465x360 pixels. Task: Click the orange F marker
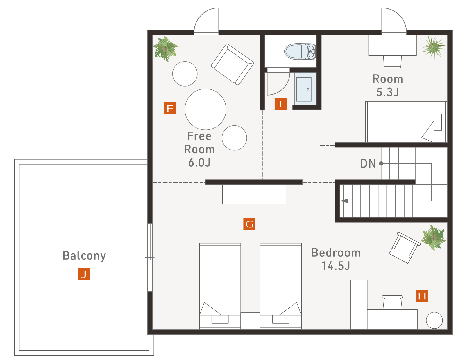click(170, 108)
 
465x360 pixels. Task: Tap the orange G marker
click(249, 224)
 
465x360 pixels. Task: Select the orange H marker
click(422, 296)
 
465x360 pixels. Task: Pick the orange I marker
click(280, 104)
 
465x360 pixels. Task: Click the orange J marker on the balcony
click(84, 274)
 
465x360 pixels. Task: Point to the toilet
click(300, 51)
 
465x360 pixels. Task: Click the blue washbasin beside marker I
click(305, 89)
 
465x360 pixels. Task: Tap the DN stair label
click(368, 164)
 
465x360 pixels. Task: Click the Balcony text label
click(84, 256)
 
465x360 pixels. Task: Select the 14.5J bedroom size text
click(336, 266)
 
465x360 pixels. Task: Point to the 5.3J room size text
click(387, 92)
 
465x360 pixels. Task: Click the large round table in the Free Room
click(205, 109)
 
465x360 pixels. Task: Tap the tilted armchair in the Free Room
click(233, 64)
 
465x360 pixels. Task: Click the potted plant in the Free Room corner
click(165, 49)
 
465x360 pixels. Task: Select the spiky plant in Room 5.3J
click(434, 47)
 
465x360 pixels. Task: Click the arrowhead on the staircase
click(344, 201)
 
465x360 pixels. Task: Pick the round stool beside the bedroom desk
click(434, 321)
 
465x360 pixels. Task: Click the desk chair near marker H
click(392, 303)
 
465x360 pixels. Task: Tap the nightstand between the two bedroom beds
click(250, 321)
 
